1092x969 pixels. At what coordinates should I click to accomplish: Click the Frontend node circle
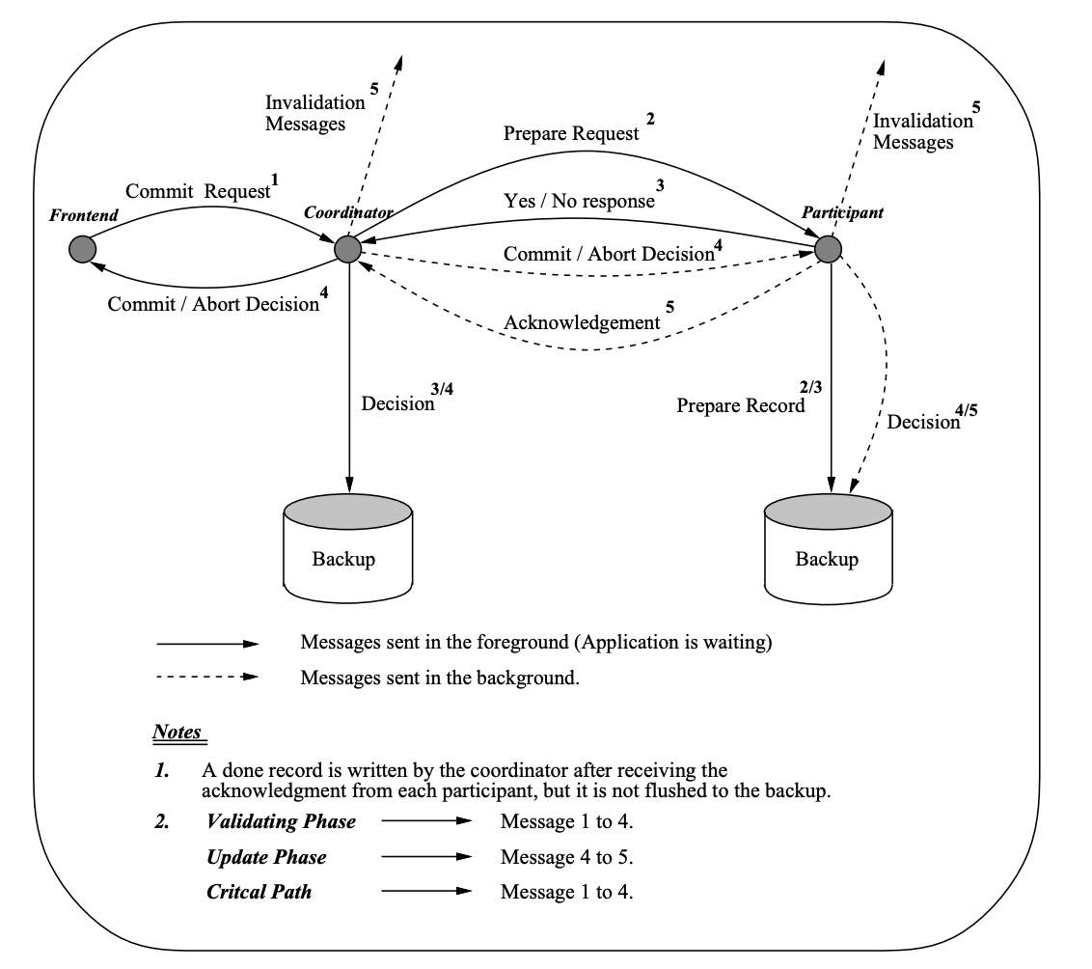click(83, 249)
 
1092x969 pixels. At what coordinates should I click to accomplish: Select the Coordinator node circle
click(348, 249)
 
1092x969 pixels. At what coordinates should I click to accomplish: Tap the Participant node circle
click(829, 249)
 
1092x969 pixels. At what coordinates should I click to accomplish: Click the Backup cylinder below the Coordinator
click(348, 546)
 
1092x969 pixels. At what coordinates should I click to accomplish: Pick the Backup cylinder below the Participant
click(828, 546)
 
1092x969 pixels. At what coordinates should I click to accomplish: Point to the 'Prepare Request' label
click(571, 134)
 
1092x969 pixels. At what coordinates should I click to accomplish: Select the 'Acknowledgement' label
click(582, 323)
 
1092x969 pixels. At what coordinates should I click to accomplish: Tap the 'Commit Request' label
click(198, 191)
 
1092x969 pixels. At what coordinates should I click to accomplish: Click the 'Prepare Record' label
click(741, 406)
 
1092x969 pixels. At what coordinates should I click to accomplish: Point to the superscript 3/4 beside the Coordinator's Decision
click(441, 389)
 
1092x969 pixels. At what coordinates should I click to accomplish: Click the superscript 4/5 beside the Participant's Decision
click(966, 410)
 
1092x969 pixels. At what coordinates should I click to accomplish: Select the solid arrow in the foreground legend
click(207, 643)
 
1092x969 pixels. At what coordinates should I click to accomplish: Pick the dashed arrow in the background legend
click(207, 677)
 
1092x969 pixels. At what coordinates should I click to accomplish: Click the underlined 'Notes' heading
click(177, 733)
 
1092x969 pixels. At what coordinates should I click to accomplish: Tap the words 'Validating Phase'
click(281, 822)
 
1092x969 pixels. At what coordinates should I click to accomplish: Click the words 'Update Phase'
click(266, 857)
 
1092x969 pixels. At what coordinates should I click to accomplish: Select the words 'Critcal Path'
click(259, 892)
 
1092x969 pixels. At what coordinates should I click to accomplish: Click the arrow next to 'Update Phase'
click(426, 857)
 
